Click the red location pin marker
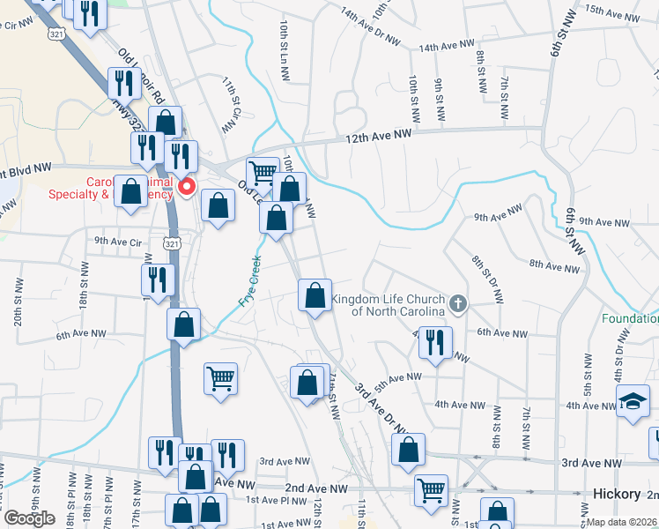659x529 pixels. tap(187, 187)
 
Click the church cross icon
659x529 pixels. tap(456, 305)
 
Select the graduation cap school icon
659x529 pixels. tap(632, 402)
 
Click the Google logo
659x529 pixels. tap(29, 518)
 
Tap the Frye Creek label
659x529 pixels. tap(250, 281)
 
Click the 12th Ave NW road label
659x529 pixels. tap(379, 135)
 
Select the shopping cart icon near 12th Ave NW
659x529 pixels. tap(262, 172)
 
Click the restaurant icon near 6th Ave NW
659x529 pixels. tap(434, 342)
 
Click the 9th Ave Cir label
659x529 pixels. tap(118, 241)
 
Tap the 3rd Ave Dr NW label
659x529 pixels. tap(381, 408)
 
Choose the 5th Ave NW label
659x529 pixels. tap(398, 377)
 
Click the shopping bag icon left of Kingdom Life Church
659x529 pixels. tap(315, 295)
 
